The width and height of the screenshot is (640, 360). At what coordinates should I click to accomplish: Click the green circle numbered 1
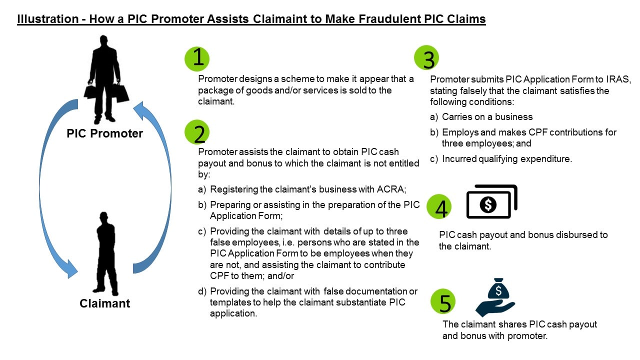click(x=197, y=59)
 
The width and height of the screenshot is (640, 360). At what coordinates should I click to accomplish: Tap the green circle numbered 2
click(x=197, y=133)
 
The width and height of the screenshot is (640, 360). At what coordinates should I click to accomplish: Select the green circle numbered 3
click(x=426, y=58)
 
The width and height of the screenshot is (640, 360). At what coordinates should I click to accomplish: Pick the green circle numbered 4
click(x=439, y=208)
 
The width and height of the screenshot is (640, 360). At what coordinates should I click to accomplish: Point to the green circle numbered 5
click(x=443, y=301)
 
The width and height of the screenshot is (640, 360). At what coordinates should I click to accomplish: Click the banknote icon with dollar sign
click(x=491, y=202)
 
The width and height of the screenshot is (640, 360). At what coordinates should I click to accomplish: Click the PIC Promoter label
click(x=104, y=133)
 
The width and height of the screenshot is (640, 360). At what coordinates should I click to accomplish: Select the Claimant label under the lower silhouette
click(x=104, y=303)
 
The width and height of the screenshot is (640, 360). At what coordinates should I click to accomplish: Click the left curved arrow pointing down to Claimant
click(x=50, y=190)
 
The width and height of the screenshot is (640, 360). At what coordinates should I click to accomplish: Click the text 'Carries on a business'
click(x=487, y=116)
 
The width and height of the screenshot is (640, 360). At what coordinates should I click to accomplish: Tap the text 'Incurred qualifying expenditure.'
click(x=506, y=159)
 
